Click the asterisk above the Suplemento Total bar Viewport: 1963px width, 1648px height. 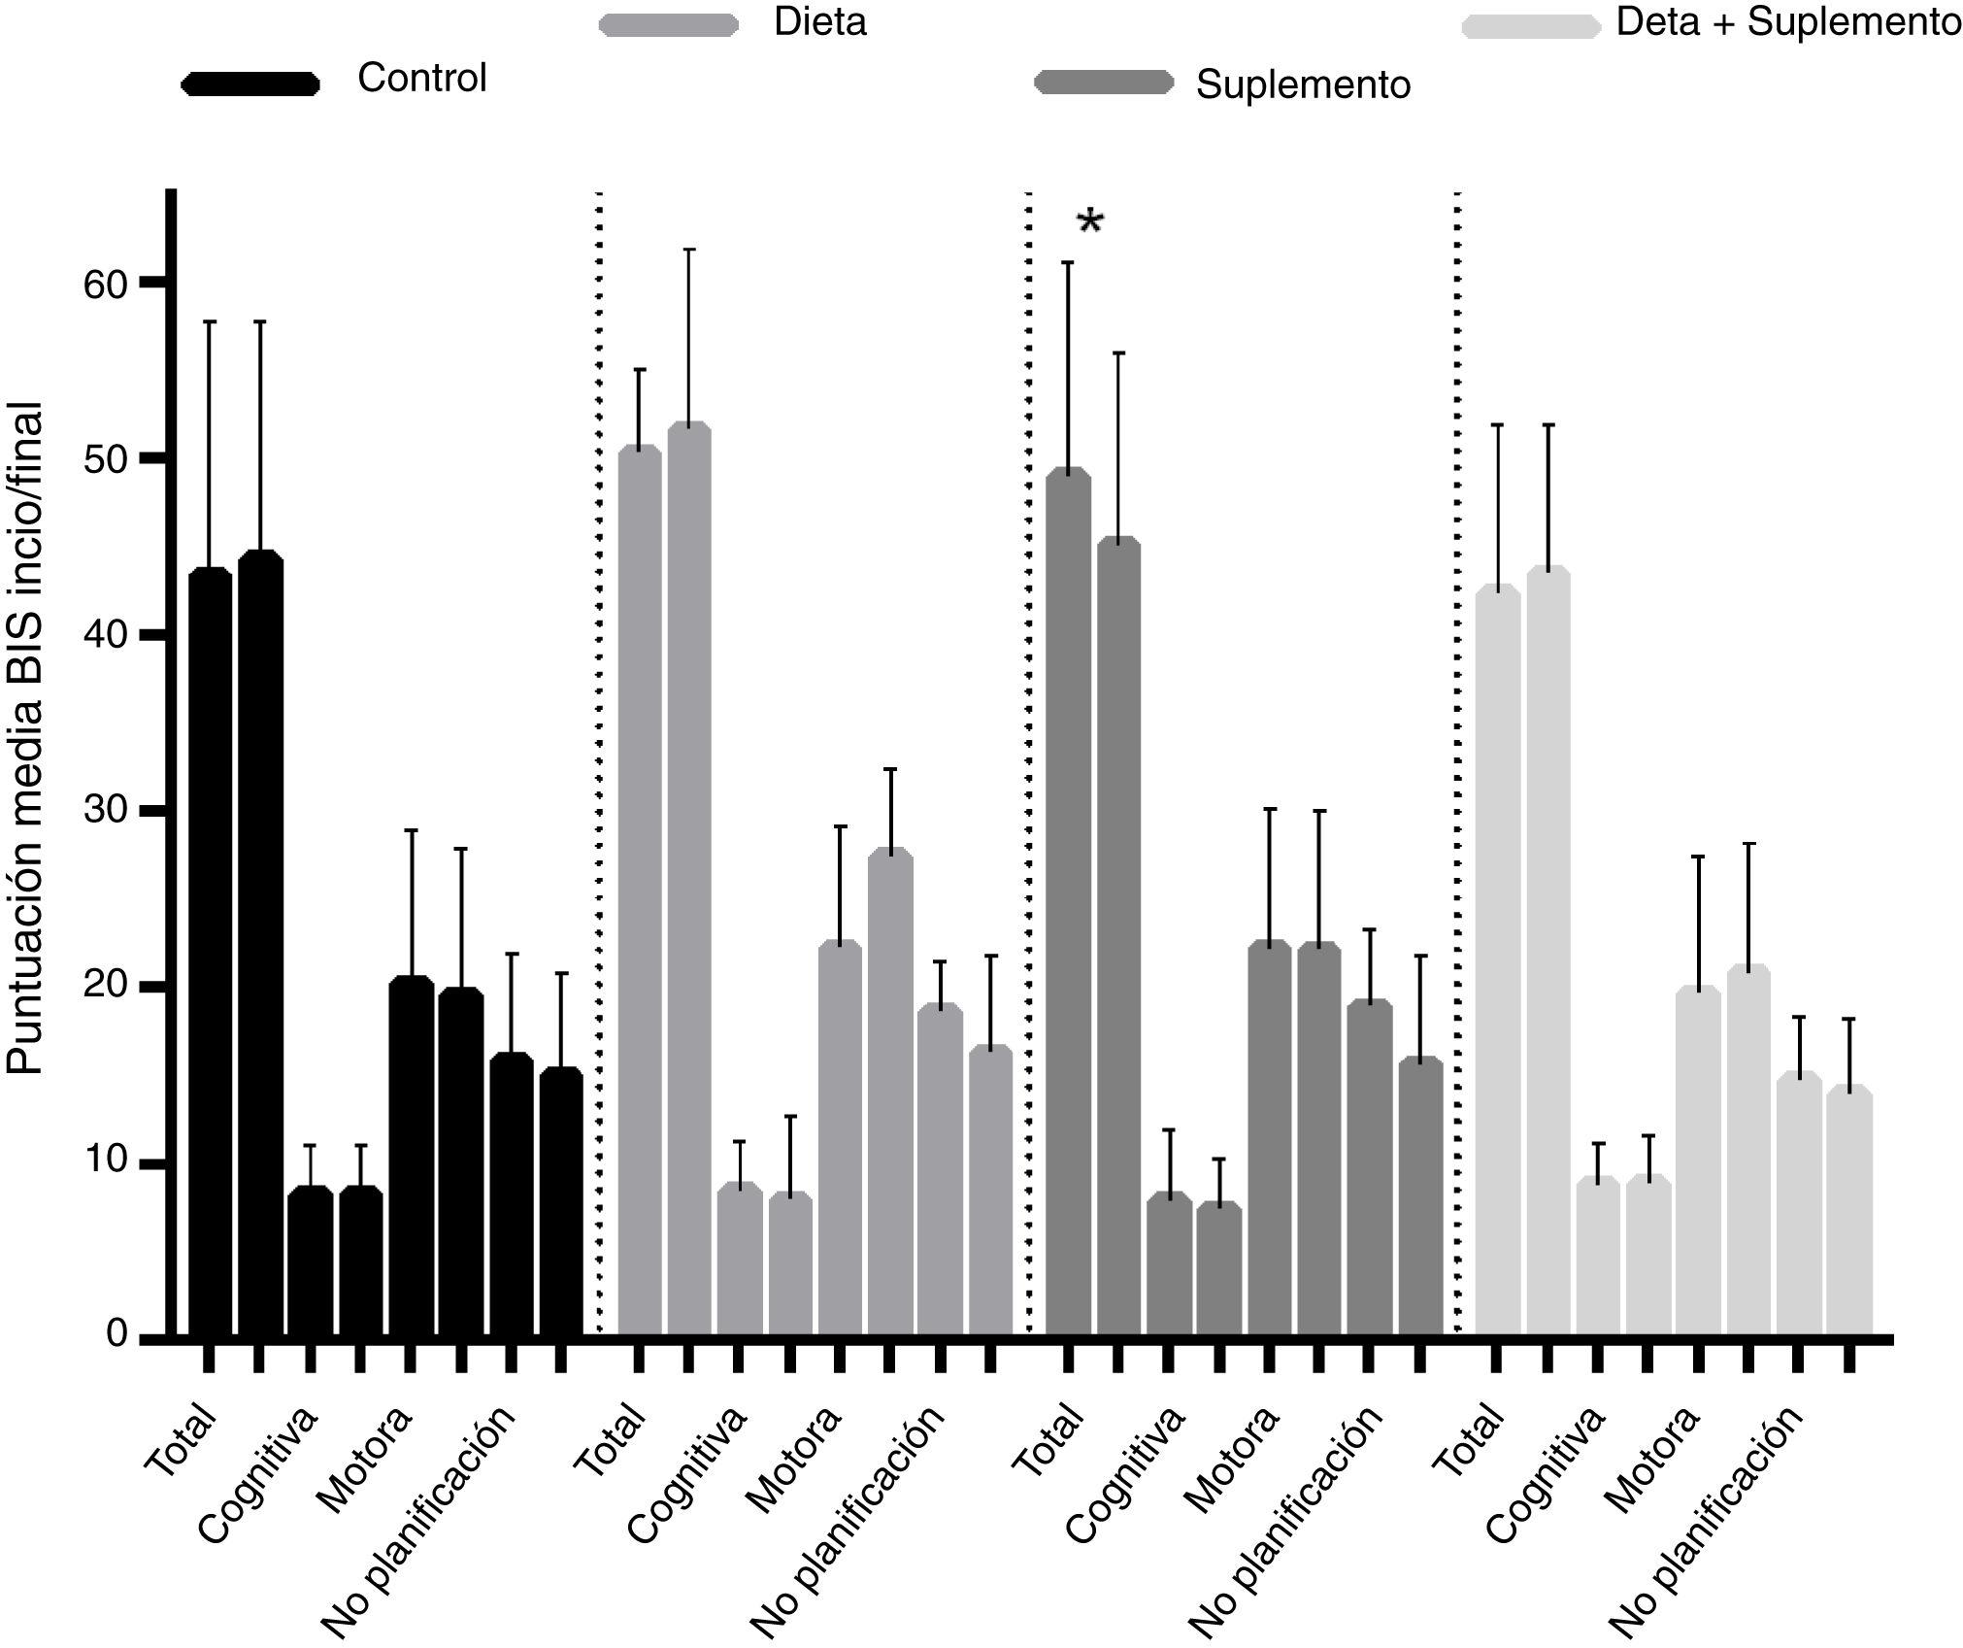click(1090, 223)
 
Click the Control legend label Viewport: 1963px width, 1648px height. click(422, 79)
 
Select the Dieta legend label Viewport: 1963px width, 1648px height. click(819, 22)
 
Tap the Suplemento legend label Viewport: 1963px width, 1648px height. click(1303, 85)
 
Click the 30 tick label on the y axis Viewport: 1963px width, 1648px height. click(105, 810)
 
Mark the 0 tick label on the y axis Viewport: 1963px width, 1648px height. click(116, 1334)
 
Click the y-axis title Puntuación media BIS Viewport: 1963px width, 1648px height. click(26, 738)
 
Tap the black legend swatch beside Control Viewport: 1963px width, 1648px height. click(250, 84)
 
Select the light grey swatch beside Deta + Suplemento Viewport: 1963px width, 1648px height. click(1531, 26)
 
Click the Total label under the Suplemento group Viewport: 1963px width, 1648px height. click(1048, 1439)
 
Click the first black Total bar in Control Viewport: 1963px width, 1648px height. click(210, 952)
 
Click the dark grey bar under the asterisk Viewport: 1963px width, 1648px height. click(1068, 903)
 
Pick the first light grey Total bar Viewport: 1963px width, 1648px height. click(1497, 961)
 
